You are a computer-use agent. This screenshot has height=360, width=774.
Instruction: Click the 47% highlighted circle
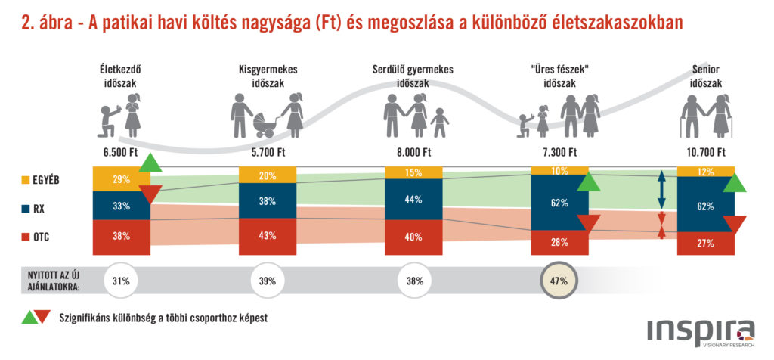[x=559, y=281]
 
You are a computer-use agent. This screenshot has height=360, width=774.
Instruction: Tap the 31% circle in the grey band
[x=121, y=281]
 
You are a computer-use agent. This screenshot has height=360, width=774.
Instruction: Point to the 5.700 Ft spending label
[x=267, y=151]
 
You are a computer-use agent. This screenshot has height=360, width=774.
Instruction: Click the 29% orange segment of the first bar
[x=121, y=179]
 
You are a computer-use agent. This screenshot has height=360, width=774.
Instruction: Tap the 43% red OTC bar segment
[x=267, y=236]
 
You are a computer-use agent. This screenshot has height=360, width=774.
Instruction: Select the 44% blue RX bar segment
[x=413, y=200]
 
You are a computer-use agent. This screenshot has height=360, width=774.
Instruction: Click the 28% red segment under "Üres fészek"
[x=559, y=243]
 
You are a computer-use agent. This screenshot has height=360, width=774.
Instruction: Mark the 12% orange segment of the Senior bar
[x=705, y=172]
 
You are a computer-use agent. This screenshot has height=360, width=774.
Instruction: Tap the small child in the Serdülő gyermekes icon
[x=439, y=123]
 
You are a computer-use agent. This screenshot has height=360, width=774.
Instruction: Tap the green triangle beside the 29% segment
[x=150, y=163]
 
